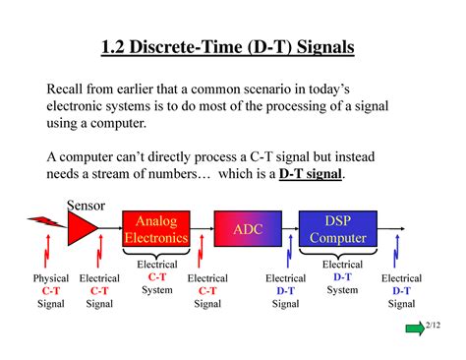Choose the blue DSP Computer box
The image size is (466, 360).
tap(337, 230)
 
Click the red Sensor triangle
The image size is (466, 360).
tap(82, 230)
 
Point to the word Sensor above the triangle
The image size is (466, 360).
tap(87, 204)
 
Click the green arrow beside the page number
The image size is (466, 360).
tap(415, 328)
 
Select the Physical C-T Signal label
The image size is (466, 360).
tap(51, 291)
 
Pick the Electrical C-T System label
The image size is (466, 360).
tap(156, 277)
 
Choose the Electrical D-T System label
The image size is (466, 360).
tap(342, 277)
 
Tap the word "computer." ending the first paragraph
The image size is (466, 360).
tap(143, 125)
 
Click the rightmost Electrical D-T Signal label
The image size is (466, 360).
tap(401, 291)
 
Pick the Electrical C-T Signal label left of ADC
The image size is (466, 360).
tap(207, 291)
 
